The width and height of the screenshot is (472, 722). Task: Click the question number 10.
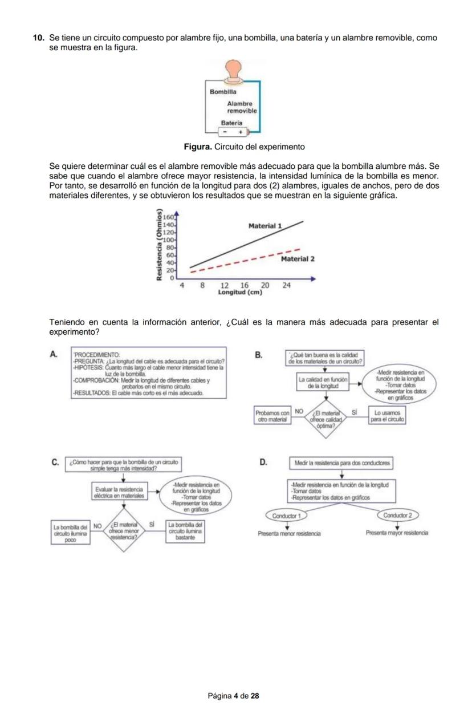39,38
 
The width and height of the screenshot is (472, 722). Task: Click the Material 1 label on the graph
265,226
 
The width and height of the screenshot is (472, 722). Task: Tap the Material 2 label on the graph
298,259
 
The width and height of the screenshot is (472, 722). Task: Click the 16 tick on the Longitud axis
245,285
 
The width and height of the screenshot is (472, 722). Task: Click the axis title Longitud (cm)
240,293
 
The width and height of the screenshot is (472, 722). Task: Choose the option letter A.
54,354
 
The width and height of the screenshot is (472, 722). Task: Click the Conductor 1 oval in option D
286,516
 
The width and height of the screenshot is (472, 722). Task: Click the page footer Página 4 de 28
234,696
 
